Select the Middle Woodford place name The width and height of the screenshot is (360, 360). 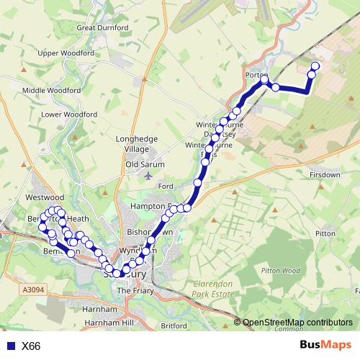pos(51,90)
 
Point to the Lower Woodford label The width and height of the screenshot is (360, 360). pos(69,114)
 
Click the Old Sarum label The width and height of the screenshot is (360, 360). pos(145,164)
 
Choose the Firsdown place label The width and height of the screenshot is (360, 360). pos(325,175)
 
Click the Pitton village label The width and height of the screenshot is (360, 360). pos(325,233)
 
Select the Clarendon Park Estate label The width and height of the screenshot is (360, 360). pos(215,289)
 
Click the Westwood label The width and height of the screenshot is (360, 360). pos(45,197)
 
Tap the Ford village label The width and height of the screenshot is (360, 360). pos(166,186)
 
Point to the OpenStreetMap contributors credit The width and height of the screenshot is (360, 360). pos(297,323)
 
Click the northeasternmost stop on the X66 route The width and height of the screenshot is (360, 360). pos(315,66)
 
